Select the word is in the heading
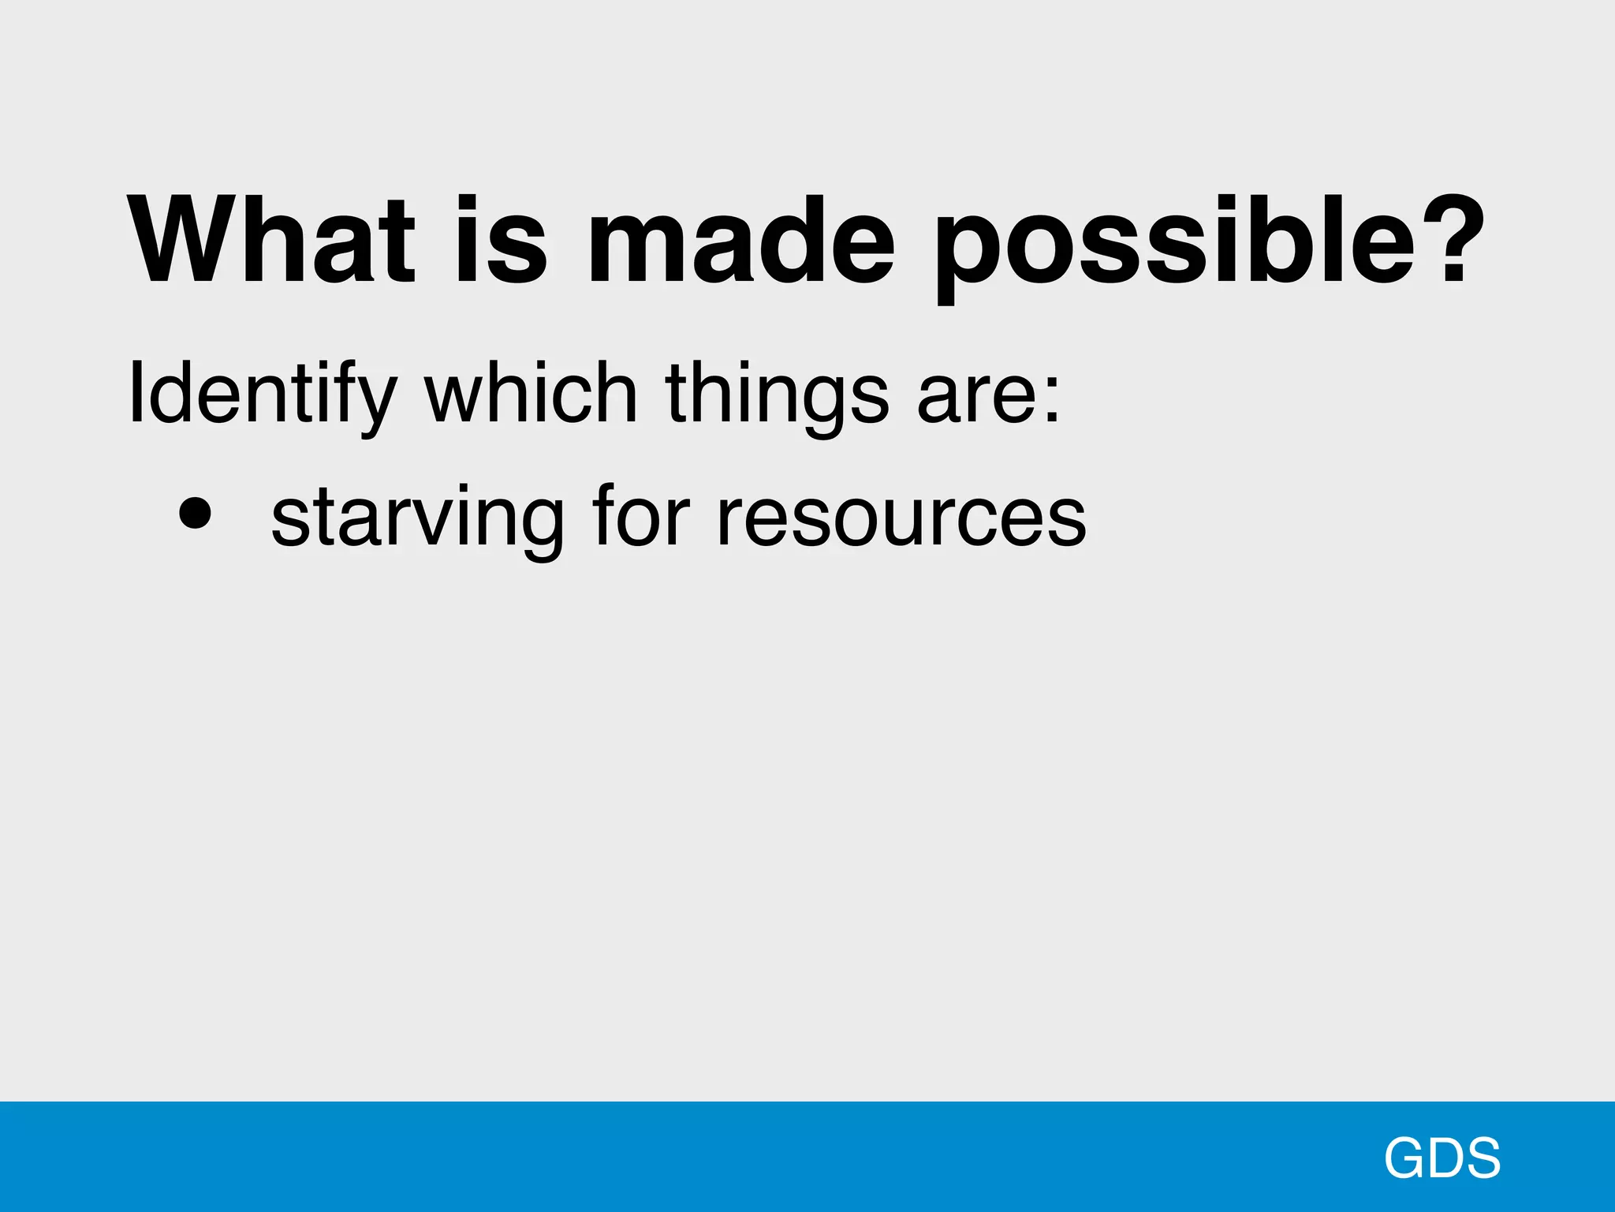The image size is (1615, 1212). (x=501, y=240)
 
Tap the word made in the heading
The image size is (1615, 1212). (x=742, y=240)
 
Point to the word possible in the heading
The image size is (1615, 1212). (x=1175, y=245)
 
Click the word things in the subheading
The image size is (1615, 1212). (x=778, y=394)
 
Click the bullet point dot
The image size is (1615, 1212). (x=195, y=514)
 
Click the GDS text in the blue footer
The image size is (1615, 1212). (x=1442, y=1158)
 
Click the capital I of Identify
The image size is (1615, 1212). (x=136, y=392)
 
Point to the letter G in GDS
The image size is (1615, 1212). (x=1405, y=1158)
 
